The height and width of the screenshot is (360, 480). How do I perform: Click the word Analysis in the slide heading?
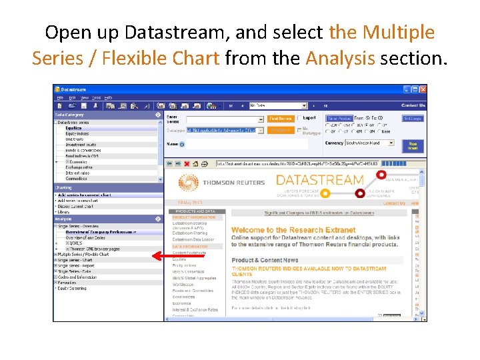pyautogui.click(x=340, y=59)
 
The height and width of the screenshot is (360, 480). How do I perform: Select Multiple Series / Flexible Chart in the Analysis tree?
pyautogui.click(x=83, y=254)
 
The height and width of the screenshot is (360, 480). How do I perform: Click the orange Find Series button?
pyautogui.click(x=281, y=119)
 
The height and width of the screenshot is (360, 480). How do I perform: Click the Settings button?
pyautogui.click(x=413, y=119)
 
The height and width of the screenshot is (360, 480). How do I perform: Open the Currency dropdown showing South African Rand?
pyautogui.click(x=390, y=143)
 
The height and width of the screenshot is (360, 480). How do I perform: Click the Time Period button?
pyautogui.click(x=339, y=119)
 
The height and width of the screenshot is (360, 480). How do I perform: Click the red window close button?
pyautogui.click(x=422, y=89)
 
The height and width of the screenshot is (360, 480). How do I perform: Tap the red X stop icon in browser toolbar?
pyautogui.click(x=187, y=163)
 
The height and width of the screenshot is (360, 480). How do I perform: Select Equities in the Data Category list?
pyautogui.click(x=73, y=128)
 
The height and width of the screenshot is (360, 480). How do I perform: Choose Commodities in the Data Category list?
pyautogui.click(x=76, y=178)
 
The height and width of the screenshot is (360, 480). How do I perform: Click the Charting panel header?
pyautogui.click(x=63, y=188)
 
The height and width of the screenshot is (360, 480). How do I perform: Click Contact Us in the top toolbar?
pyautogui.click(x=413, y=105)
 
